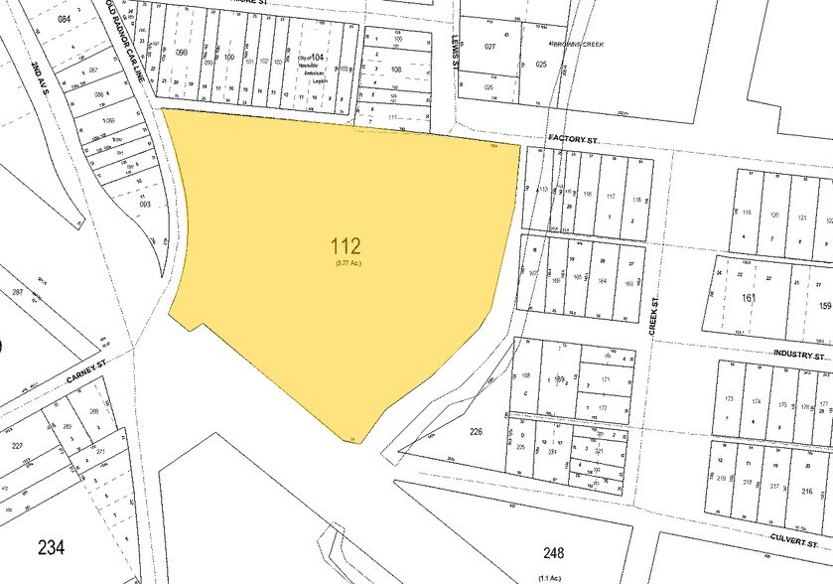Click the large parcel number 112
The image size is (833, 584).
point(347,245)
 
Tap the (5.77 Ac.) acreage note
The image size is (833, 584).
point(347,262)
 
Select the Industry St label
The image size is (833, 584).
point(800,355)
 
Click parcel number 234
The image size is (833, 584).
point(53,545)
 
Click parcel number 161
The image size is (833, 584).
point(748,296)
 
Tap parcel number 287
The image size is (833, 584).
point(17,293)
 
